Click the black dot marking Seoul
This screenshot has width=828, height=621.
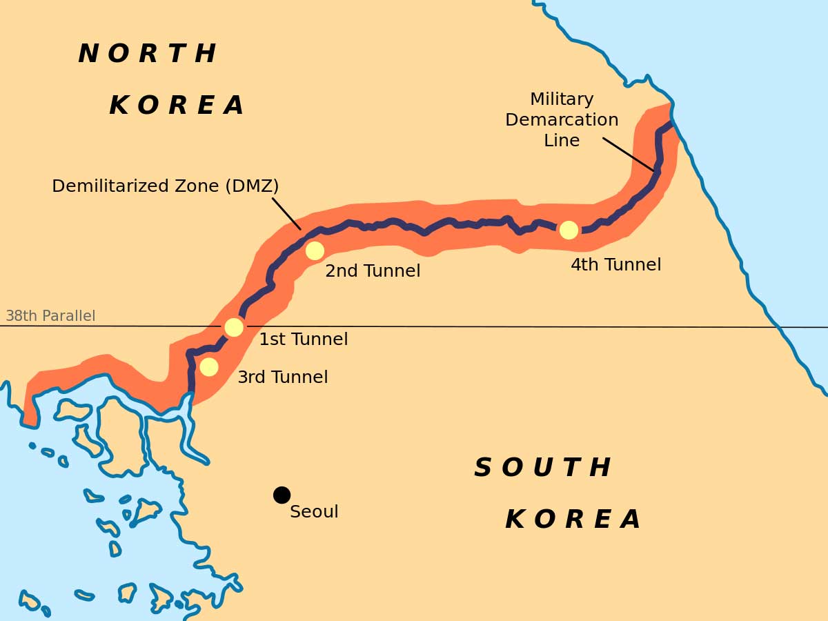coord(282,495)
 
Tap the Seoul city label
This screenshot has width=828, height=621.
coord(314,512)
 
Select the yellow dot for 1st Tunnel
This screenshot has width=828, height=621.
coord(234,327)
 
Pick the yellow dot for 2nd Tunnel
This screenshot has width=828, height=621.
coord(315,250)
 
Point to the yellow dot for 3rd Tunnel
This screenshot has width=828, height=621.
coord(209,366)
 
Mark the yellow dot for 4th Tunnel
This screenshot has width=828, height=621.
coord(569,230)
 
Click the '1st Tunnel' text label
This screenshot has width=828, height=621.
coord(303,339)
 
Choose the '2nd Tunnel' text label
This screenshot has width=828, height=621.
coord(373,271)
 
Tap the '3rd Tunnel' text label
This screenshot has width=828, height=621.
coord(282,377)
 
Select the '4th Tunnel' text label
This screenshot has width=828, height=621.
coord(615,265)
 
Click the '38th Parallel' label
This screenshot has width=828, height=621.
coord(50,316)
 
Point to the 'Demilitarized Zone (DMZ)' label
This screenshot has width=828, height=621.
coord(166,186)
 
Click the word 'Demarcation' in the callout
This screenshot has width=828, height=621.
coord(562,120)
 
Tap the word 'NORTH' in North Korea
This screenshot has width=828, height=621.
coord(147,54)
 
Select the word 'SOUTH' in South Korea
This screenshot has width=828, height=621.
coord(542,468)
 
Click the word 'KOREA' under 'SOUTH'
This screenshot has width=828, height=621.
coord(573,520)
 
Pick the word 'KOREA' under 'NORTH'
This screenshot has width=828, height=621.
coord(177,106)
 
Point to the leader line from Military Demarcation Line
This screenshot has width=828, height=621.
coord(628,154)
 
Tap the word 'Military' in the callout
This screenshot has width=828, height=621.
coord(562,99)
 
